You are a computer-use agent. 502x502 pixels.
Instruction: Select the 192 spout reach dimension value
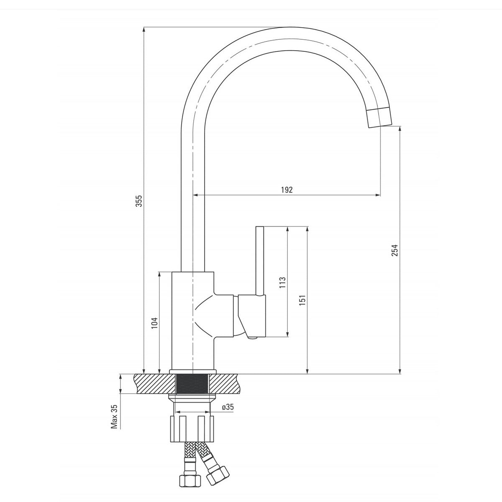coord(287,190)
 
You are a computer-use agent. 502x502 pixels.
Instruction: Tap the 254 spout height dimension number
coord(395,250)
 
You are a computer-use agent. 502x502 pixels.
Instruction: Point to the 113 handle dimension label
coord(282,282)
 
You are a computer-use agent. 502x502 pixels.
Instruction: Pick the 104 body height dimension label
coord(154,323)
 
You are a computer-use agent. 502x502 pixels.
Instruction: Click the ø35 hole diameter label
coord(228,407)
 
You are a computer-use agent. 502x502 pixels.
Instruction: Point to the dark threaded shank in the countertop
coord(192,384)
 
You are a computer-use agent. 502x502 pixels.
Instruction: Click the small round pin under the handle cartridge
coord(252,338)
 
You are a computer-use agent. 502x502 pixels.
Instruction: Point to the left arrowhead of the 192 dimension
coord(195,195)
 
